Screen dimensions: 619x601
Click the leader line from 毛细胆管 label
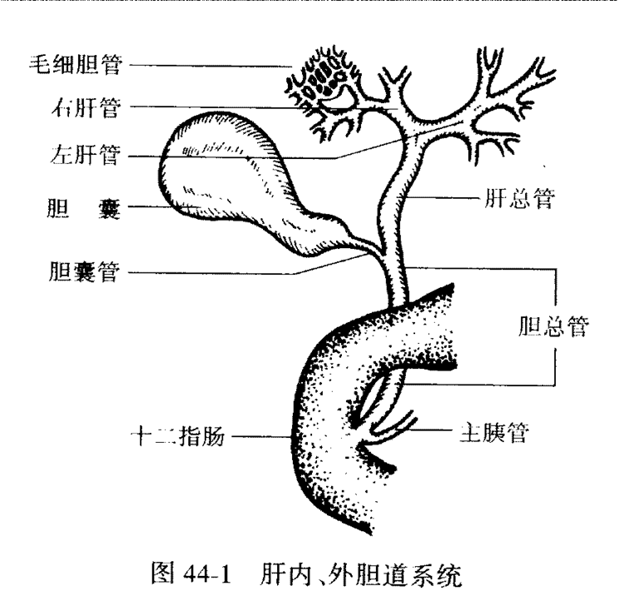[x=208, y=64]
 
